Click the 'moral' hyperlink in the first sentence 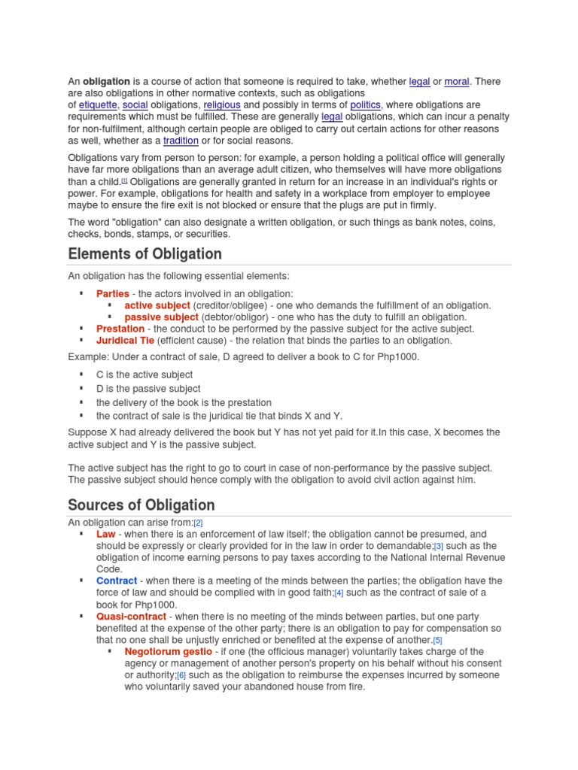[x=457, y=81]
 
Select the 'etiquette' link [x=98, y=105]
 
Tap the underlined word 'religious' [x=221, y=105]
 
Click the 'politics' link [x=365, y=105]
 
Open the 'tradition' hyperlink [x=181, y=141]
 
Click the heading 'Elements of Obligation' [x=144, y=253]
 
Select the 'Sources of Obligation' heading [x=141, y=505]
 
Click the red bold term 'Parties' [x=112, y=293]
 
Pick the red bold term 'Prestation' [x=120, y=329]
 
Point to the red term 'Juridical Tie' [x=125, y=341]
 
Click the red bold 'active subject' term [x=157, y=305]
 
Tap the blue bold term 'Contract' [x=117, y=581]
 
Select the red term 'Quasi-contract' [x=131, y=616]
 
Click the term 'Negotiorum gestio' [x=168, y=651]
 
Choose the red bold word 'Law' [x=105, y=533]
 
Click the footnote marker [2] [x=198, y=523]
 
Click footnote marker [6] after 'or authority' [x=181, y=675]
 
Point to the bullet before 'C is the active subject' [x=81, y=374]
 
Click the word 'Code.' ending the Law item [x=109, y=569]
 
